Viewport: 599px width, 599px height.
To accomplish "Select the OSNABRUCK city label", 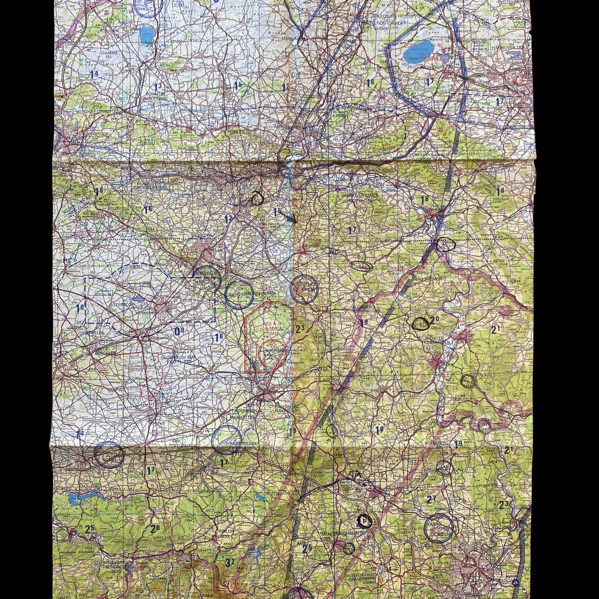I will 96,134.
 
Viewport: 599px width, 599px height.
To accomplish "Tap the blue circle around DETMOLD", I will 304,289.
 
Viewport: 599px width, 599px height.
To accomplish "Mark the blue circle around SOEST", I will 109,455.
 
